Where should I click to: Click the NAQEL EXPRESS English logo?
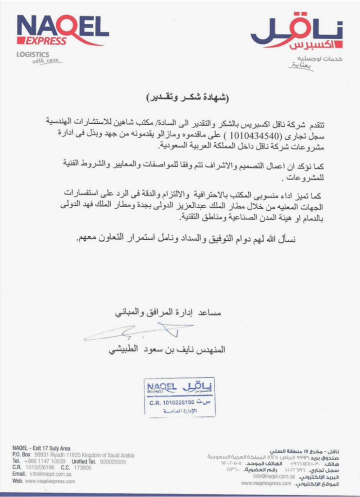click(x=62, y=30)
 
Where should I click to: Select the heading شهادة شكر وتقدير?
click(x=187, y=97)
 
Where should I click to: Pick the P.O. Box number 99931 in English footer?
click(x=42, y=455)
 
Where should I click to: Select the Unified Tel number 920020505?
click(x=113, y=462)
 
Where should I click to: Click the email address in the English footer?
click(x=52, y=474)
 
